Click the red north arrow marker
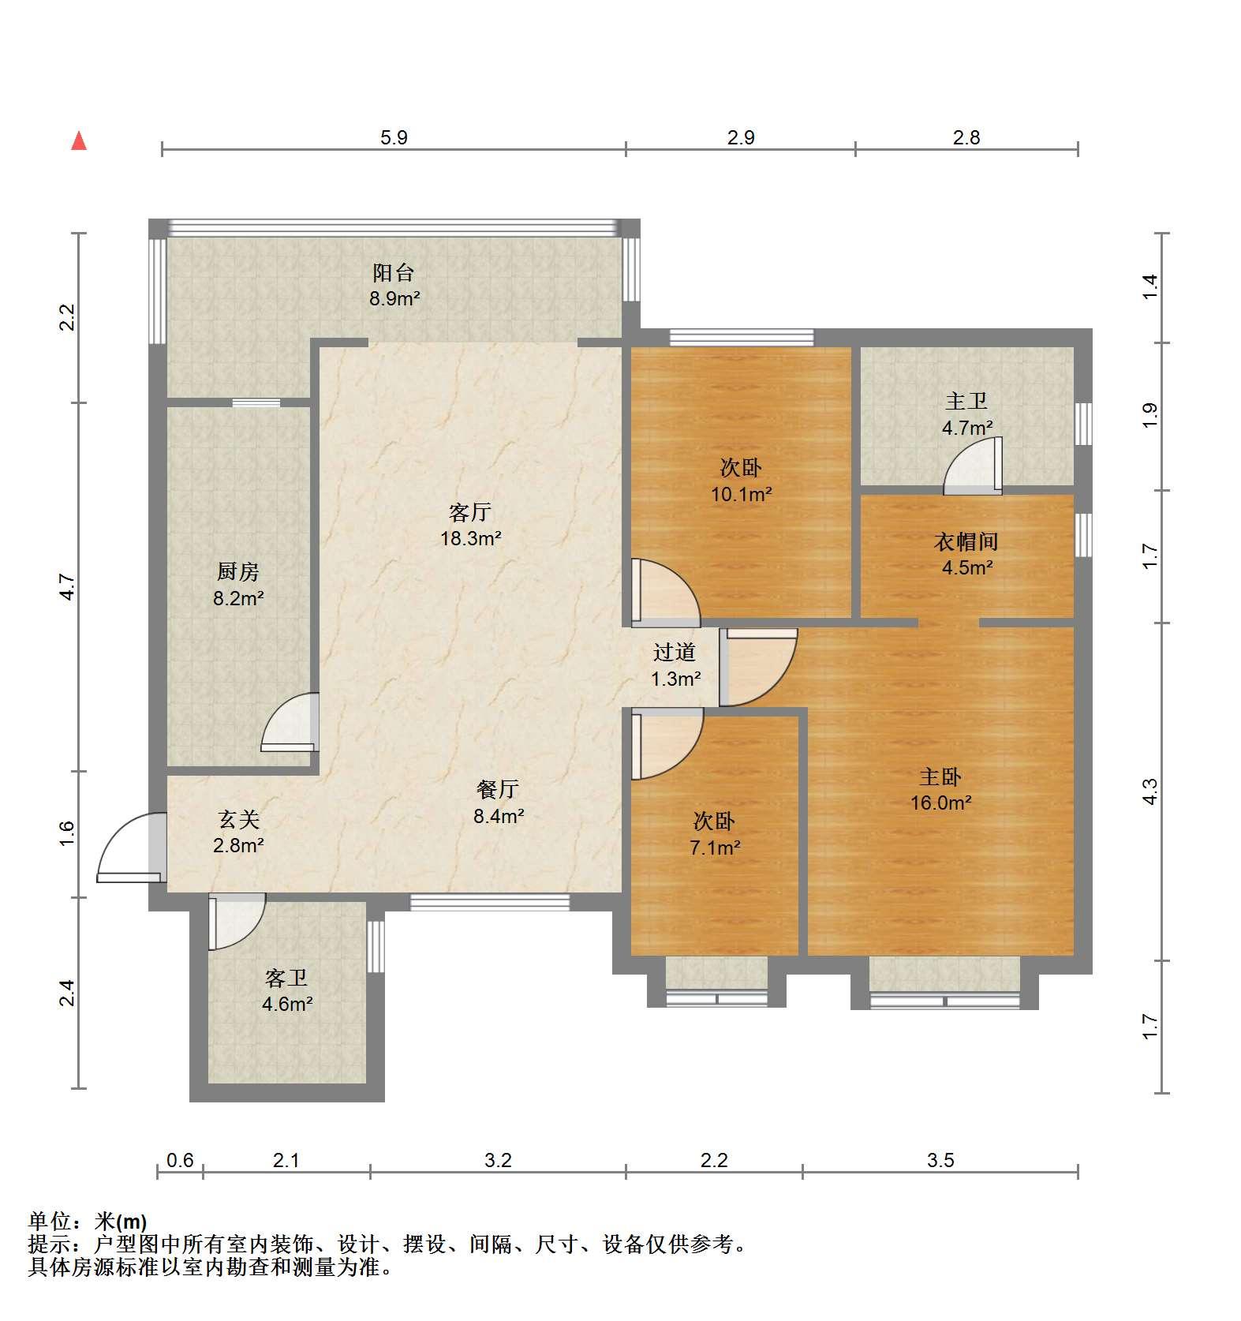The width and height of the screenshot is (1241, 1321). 79,141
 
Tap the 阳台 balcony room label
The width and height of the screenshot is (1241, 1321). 394,273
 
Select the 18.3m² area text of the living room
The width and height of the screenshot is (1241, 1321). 471,539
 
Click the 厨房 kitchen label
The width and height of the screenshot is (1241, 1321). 237,571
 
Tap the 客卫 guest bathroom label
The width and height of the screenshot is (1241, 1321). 286,979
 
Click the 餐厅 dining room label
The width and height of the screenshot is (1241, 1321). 498,789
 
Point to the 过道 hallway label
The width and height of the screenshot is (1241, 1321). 675,653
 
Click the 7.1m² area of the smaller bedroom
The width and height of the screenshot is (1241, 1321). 715,848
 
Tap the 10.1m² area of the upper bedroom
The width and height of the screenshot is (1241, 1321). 741,495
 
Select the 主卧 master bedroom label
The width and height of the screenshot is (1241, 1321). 940,777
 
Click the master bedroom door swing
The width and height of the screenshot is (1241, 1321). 759,667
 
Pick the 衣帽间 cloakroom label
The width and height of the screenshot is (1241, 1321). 966,542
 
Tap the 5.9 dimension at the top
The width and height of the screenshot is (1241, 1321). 394,138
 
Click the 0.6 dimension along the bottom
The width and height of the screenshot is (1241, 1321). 180,1160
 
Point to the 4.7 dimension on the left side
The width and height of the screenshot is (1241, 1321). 68,587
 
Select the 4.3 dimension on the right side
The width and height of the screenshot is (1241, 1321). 1150,791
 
